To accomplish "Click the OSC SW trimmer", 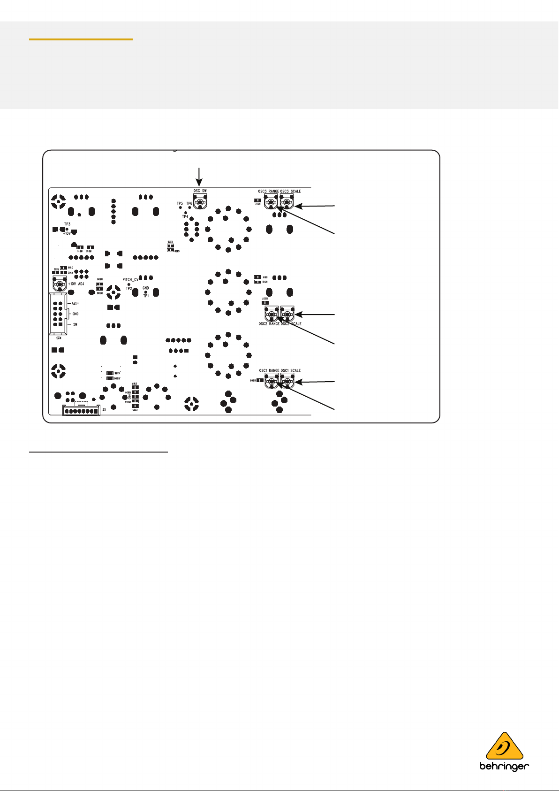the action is [x=200, y=203].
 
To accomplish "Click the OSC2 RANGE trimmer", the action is [x=272, y=314].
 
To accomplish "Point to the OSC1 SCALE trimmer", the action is [x=287, y=383].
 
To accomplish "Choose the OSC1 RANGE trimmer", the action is [x=272, y=383].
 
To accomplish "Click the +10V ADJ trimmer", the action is [x=59, y=285].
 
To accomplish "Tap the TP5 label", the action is [x=180, y=203].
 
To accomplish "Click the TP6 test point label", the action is [x=189, y=203].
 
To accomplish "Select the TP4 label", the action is [x=185, y=217].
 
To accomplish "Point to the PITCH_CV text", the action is [x=130, y=280].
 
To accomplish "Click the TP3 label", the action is [x=67, y=224].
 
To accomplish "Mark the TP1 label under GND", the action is [x=146, y=296].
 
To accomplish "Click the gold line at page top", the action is [x=81, y=39].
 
